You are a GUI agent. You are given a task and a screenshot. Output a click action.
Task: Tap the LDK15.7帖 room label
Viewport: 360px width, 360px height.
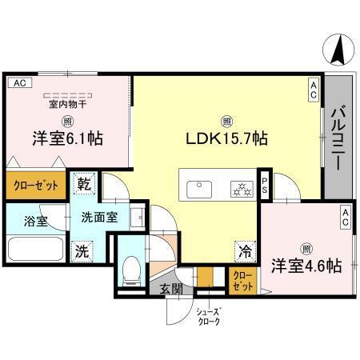coord(227,138)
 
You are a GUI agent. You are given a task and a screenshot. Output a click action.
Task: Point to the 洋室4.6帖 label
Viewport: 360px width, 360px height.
coord(306,264)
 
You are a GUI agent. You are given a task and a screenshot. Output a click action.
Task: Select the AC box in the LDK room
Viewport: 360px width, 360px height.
coord(314,90)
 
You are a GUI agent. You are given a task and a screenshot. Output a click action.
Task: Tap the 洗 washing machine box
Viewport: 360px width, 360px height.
coord(81,249)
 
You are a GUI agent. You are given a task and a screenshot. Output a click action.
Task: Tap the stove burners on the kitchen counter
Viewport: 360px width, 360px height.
coord(238,189)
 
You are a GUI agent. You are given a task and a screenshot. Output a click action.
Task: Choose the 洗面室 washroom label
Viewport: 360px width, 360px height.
coord(99,216)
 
